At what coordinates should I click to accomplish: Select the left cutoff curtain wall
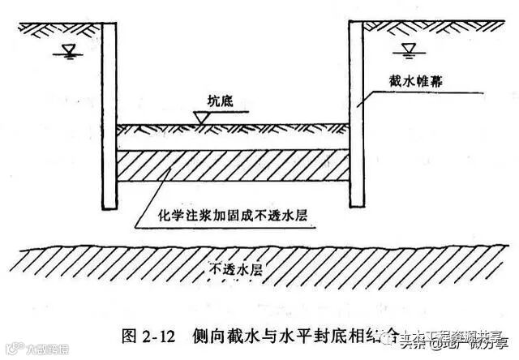(115, 114)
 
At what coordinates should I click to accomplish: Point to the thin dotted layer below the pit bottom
(235, 129)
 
